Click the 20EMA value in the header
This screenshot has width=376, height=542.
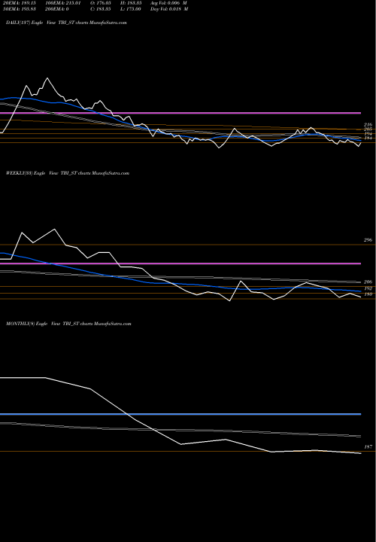(x=21, y=5)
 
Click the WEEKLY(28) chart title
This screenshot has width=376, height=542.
(x=68, y=173)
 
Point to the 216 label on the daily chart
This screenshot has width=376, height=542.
(x=368, y=124)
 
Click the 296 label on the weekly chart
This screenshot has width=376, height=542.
(x=368, y=240)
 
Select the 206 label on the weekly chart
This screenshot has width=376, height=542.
(x=368, y=282)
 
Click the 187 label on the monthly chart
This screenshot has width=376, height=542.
(x=368, y=447)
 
